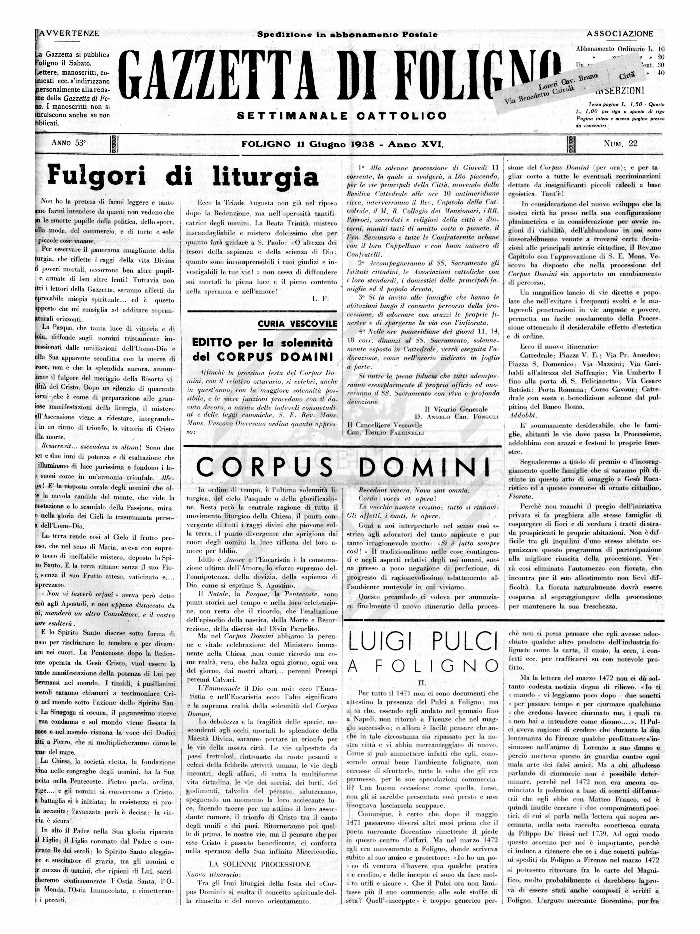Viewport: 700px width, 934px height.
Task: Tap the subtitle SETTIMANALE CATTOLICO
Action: coord(342,115)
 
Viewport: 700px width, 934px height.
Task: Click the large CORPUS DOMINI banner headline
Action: coord(343,468)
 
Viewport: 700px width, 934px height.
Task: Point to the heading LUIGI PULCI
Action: coord(422,642)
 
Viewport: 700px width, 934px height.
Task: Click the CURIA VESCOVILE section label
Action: coord(297,324)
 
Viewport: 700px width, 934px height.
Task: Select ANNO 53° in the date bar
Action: coord(68,143)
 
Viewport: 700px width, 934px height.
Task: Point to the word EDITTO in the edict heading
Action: coord(212,343)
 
